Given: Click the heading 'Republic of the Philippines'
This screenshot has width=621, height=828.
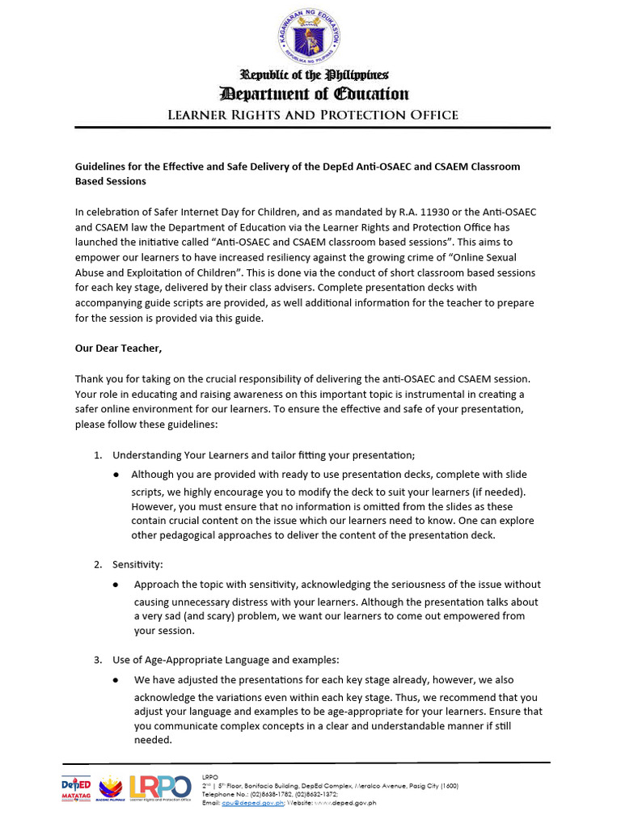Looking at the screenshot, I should (x=311, y=75).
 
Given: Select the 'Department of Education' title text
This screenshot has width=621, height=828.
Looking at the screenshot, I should (x=311, y=94).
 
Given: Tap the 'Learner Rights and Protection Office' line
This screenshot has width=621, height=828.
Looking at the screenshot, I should (x=312, y=115).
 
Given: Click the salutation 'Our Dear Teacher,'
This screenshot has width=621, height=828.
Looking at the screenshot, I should (x=118, y=349).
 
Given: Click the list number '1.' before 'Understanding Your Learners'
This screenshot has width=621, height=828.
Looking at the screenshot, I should (x=99, y=454).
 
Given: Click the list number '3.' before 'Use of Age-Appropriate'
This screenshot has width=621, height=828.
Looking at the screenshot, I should (x=99, y=660).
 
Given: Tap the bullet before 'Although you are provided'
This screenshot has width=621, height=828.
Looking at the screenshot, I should (x=118, y=474).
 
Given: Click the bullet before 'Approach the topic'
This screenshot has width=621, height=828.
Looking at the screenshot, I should (x=118, y=584).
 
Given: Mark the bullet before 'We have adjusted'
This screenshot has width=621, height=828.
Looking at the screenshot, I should (x=118, y=680).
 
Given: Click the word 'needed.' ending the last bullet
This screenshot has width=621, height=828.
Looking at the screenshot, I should (x=153, y=739).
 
